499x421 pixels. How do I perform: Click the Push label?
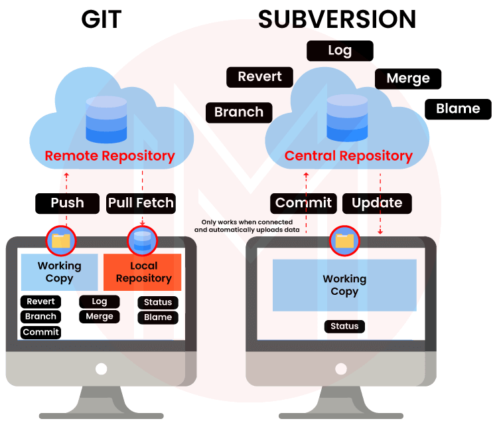point(67,203)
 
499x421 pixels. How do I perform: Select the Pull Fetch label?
point(141,203)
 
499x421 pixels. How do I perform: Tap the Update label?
point(377,203)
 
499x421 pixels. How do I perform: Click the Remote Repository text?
point(109,157)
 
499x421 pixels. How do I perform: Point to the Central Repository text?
point(348,157)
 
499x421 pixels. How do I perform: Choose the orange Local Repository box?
point(143,272)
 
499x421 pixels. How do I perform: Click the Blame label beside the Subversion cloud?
point(458,109)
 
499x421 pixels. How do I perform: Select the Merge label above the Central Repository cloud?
point(408,78)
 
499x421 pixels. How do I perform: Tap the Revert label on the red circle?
point(259,77)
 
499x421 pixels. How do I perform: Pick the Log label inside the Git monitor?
point(100,301)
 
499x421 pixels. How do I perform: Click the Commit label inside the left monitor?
point(41,332)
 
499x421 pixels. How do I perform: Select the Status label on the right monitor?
point(344,326)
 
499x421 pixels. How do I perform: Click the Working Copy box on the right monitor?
point(344,285)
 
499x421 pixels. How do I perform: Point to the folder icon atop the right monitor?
point(344,240)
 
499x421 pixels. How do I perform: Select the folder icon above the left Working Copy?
point(61,240)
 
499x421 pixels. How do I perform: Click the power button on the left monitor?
point(101,369)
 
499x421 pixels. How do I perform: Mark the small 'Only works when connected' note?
point(247,226)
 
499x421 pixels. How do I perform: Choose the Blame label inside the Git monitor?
point(158,317)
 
